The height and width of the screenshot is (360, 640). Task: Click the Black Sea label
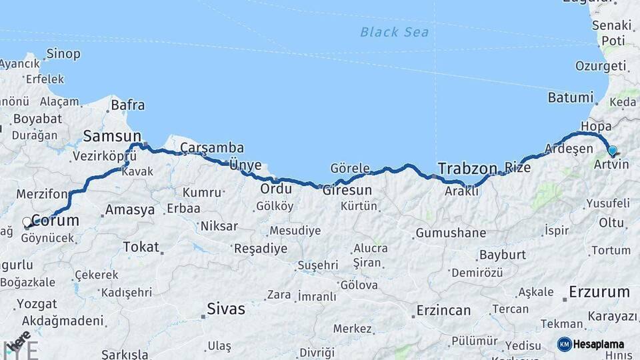point(394,32)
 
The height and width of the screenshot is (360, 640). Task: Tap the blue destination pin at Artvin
point(612,151)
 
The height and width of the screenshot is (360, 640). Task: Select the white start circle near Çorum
point(27,222)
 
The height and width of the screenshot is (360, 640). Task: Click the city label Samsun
point(112,137)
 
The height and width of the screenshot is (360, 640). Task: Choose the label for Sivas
point(225,309)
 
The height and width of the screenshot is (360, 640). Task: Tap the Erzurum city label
point(599,292)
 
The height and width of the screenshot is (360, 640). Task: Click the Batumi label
point(570,97)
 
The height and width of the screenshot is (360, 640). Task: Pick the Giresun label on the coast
point(347,190)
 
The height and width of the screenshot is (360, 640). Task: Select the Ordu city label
point(276,189)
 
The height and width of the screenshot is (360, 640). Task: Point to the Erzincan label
point(443,311)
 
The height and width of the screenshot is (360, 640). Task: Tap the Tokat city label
point(141,247)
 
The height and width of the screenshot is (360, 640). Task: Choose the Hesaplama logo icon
point(565,344)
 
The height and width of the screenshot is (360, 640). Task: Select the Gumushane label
point(450,233)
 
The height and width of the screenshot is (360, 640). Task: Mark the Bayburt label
point(502,255)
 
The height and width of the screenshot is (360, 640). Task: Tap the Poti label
point(613,41)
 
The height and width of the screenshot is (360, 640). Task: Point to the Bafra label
point(127,105)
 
